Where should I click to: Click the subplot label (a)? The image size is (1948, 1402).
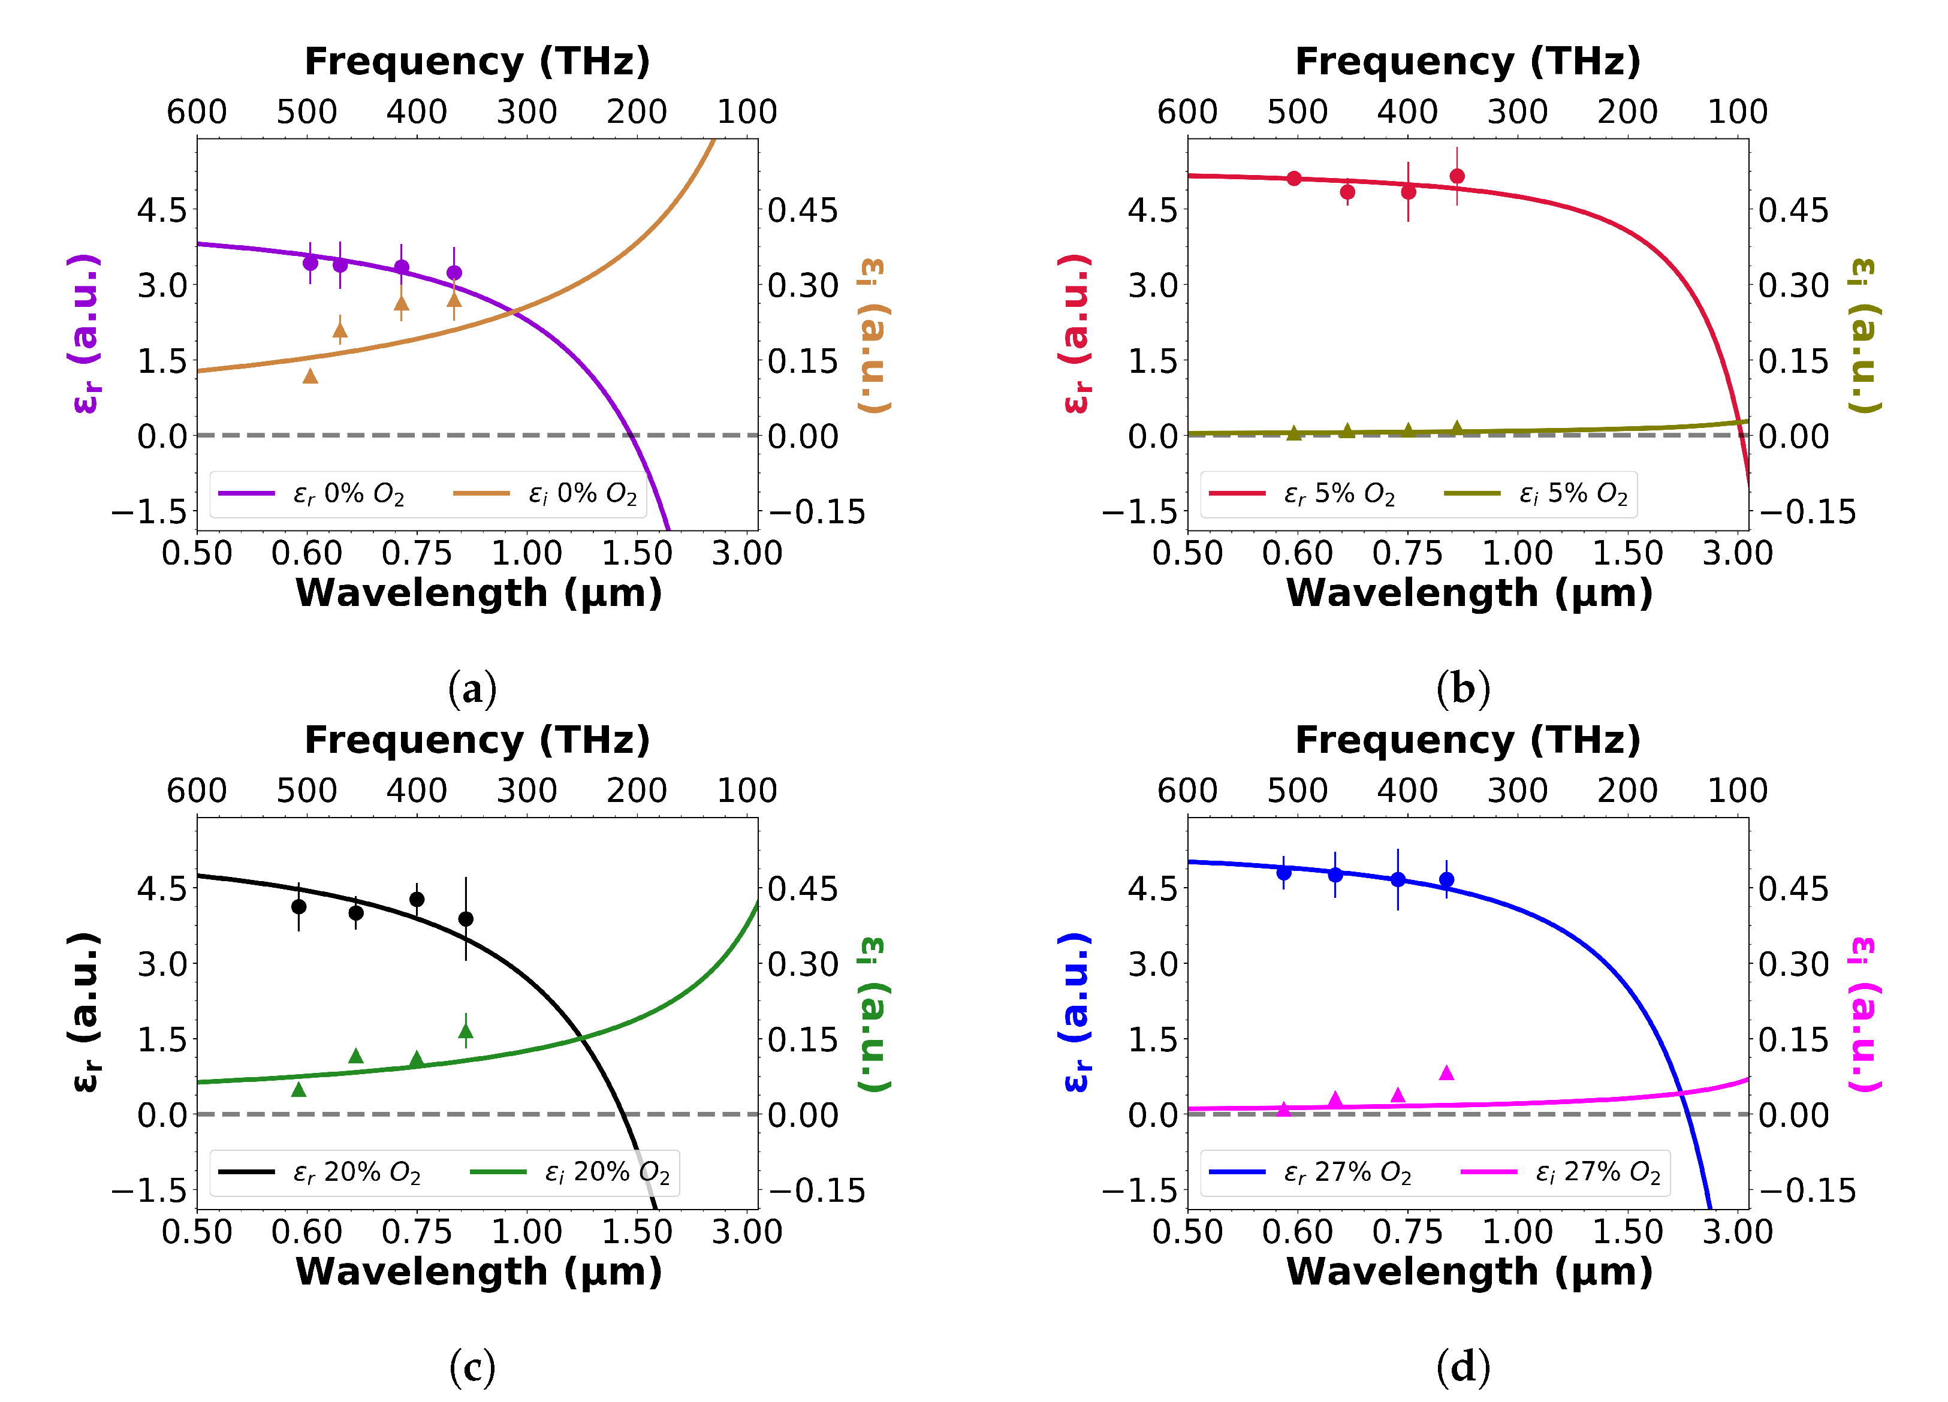point(472,689)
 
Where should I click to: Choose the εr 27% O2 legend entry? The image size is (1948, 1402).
point(1310,1172)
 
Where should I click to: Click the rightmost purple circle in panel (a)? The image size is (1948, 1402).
point(454,273)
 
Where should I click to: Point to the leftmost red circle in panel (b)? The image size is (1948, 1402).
point(1295,179)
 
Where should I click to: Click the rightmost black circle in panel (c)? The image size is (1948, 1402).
point(466,919)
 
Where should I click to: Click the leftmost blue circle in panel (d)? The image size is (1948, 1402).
point(1284,873)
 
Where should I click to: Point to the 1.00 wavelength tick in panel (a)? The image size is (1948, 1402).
point(526,553)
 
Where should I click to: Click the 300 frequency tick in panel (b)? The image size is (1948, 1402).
point(1518,111)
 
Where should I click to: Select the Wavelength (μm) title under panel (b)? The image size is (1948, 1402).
point(1468,593)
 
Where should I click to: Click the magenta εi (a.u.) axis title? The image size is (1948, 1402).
point(1864,1014)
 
